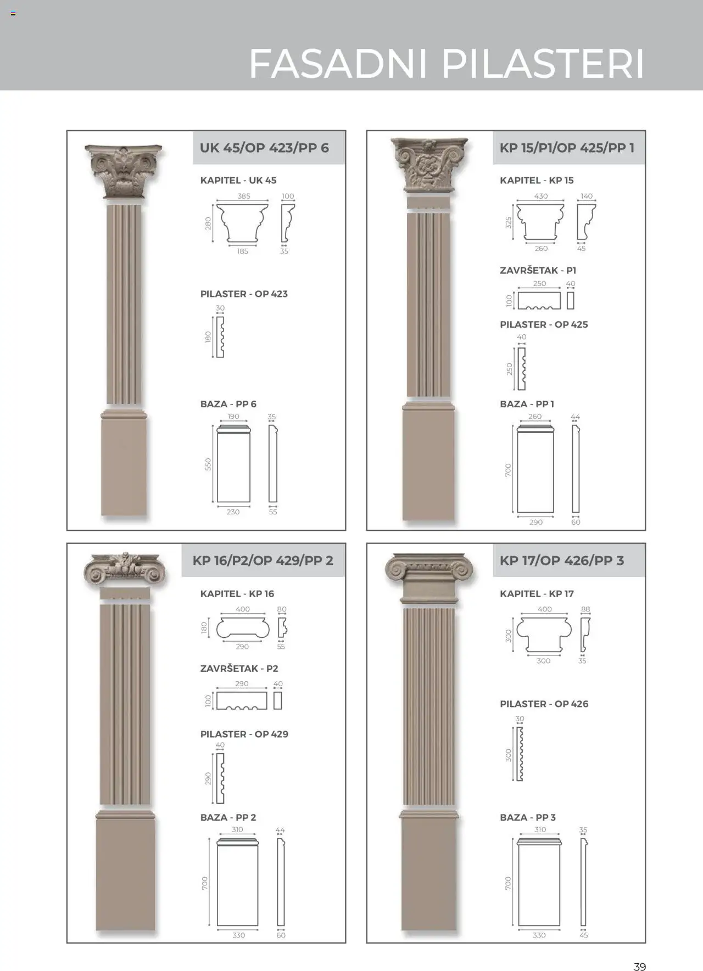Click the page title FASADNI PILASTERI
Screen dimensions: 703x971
pyautogui.click(x=447, y=64)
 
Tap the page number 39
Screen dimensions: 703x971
pyautogui.click(x=639, y=952)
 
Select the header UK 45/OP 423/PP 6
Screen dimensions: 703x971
pyautogui.click(x=264, y=148)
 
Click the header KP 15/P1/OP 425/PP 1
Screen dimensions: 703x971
pyautogui.click(x=567, y=148)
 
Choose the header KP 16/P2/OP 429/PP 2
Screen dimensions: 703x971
pyautogui.click(x=263, y=560)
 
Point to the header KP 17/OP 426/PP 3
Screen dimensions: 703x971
pyautogui.click(x=562, y=560)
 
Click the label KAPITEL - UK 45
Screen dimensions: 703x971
pyautogui.click(x=238, y=180)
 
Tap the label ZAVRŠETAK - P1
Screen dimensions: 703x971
pyautogui.click(x=538, y=270)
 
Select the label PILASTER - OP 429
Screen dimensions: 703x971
pyautogui.click(x=244, y=734)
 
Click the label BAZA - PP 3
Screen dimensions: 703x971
pyautogui.click(x=528, y=817)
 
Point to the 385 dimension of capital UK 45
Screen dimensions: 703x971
pyautogui.click(x=243, y=196)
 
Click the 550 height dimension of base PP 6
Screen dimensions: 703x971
pyautogui.click(x=208, y=464)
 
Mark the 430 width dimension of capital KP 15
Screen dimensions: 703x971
pyautogui.click(x=541, y=196)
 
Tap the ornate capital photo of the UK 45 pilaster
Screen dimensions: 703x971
pyautogui.click(x=124, y=172)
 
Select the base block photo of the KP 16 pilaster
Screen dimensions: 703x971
pyautogui.click(x=125, y=870)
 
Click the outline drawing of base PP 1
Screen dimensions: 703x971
pyautogui.click(x=535, y=469)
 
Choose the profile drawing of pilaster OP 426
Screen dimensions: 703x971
pyautogui.click(x=520, y=754)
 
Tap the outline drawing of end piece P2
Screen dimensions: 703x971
pyautogui.click(x=242, y=700)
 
